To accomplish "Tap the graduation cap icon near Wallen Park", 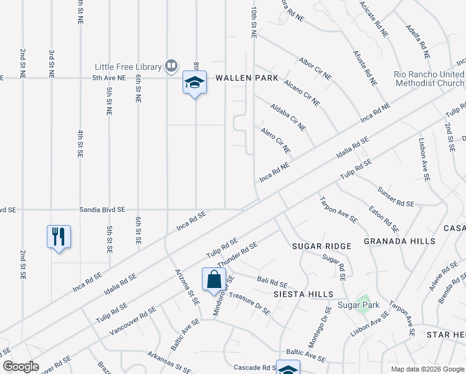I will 194,82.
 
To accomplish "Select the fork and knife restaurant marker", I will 59,237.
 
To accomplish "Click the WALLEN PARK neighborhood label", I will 247,78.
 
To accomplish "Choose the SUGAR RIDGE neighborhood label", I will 322,246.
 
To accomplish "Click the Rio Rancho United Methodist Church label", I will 429,78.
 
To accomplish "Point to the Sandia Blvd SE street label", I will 102,210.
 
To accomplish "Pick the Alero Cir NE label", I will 275,138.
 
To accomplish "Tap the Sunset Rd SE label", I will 396,196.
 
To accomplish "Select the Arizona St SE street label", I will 186,287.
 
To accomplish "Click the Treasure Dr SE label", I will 249,304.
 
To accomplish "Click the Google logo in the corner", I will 21,367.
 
